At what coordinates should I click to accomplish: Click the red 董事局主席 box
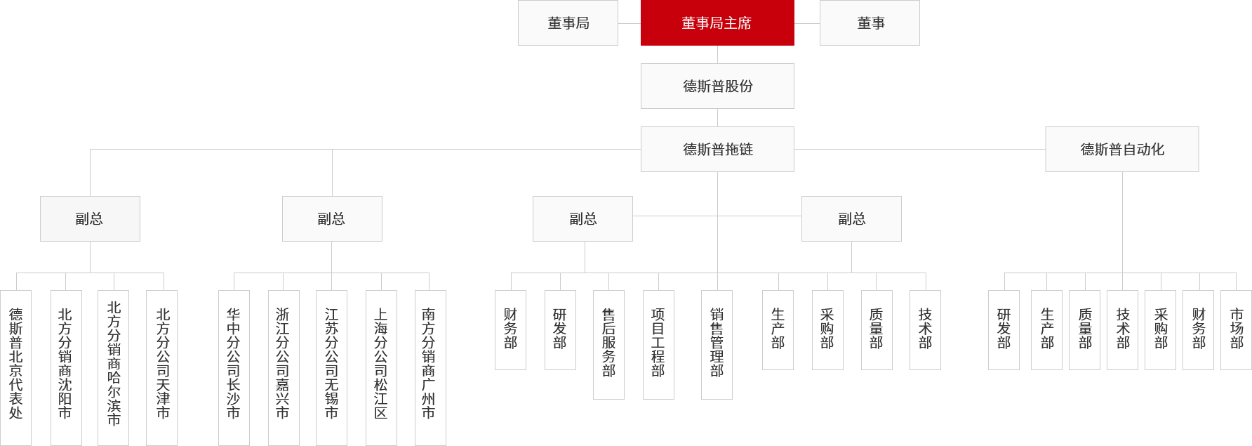(717, 22)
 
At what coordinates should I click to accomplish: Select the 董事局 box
(568, 22)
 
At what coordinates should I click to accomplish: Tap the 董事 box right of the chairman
(870, 22)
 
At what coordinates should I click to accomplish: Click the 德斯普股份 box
(717, 86)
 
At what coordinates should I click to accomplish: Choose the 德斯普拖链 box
(717, 149)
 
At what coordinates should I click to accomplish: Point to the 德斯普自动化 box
(1122, 149)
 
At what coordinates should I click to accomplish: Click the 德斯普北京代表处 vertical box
(15, 367)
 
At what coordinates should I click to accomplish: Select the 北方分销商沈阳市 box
(66, 367)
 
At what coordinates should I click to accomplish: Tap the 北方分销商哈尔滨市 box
(113, 367)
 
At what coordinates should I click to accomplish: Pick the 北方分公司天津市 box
(161, 367)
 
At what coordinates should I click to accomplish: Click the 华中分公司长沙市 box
(234, 367)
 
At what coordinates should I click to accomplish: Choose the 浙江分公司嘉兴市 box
(284, 367)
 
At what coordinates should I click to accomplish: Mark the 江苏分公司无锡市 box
(331, 367)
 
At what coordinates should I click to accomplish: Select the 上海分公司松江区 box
(381, 367)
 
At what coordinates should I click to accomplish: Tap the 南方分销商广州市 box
(430, 367)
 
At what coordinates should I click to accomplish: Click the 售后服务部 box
(608, 345)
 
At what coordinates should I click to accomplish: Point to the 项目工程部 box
(658, 345)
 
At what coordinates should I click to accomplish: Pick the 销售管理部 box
(717, 345)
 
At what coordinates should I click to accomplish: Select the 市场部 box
(1236, 330)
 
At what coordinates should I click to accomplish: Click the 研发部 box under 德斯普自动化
(1004, 330)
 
